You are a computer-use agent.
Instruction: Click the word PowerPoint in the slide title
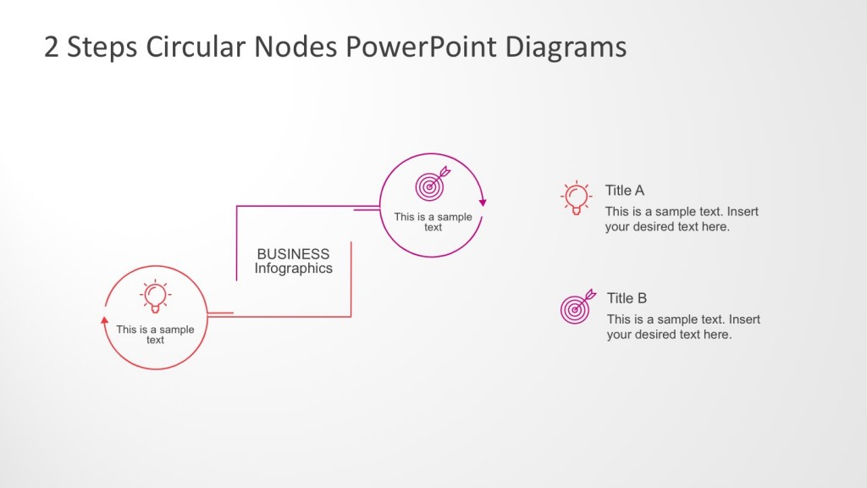(421, 47)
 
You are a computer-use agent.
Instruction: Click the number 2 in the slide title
(52, 47)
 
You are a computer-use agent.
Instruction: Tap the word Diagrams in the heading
(566, 47)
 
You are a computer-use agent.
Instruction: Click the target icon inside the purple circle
(430, 184)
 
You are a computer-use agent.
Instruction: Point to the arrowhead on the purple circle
(483, 202)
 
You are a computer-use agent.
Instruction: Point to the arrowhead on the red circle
(104, 320)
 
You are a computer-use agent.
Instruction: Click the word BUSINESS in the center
(293, 253)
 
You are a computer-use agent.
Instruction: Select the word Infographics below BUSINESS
(293, 269)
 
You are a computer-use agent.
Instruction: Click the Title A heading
(624, 191)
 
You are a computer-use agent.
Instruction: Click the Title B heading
(627, 298)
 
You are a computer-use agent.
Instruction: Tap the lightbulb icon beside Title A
(577, 197)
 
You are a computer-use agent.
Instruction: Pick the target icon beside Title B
(577, 308)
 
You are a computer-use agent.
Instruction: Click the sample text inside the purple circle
(433, 222)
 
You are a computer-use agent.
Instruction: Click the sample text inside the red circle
(155, 335)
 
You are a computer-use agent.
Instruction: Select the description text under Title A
(681, 219)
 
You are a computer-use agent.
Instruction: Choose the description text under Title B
(682, 327)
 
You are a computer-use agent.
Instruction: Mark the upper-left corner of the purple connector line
(237, 206)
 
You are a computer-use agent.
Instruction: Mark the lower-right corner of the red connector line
(351, 316)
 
